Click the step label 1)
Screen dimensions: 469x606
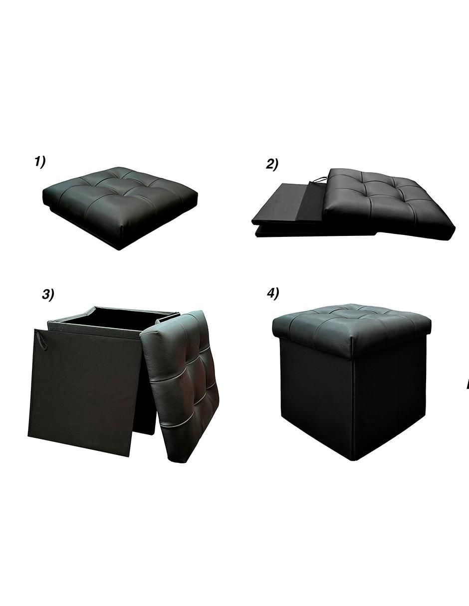(40, 162)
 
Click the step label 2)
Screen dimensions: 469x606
(272, 164)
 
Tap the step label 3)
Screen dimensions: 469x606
(48, 294)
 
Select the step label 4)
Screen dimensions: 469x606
(273, 294)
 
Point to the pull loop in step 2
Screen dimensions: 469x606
(319, 179)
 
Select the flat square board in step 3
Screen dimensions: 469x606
(84, 392)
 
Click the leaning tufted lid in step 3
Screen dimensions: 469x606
(181, 386)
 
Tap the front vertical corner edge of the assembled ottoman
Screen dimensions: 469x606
(355, 407)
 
